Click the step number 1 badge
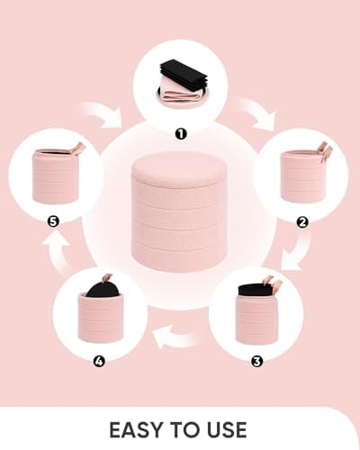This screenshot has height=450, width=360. pyautogui.click(x=181, y=134)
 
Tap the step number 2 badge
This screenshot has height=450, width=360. pyautogui.click(x=302, y=222)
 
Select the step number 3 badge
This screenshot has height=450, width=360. pyautogui.click(x=256, y=361)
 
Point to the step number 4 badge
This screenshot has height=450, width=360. pyautogui.click(x=99, y=361)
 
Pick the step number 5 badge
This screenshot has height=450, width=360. pyautogui.click(x=53, y=221)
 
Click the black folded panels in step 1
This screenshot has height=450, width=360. pyautogui.click(x=183, y=74)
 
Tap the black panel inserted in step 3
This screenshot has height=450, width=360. pyautogui.click(x=255, y=289)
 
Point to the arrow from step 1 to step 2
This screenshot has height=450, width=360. pyautogui.click(x=257, y=114)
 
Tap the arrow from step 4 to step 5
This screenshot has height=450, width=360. pyautogui.click(x=58, y=252)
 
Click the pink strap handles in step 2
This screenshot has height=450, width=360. pyautogui.click(x=325, y=151)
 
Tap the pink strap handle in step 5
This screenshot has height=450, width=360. pyautogui.click(x=76, y=148)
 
